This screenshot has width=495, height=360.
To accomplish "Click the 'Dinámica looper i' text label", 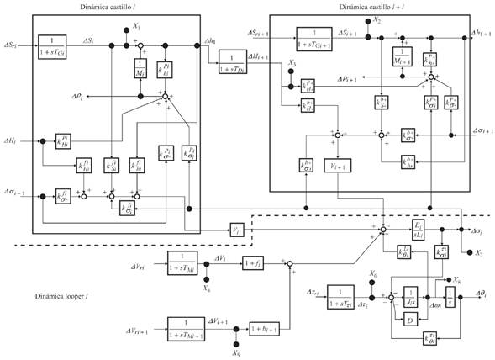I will tap(64, 296).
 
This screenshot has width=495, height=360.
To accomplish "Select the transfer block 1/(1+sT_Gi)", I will tap(52, 45).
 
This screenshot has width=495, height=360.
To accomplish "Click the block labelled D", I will tap(409, 320).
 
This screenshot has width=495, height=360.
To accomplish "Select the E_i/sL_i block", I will tap(417, 229).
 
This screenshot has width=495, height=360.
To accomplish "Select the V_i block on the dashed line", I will tap(236, 228).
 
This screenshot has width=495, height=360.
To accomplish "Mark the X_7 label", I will tap(477, 252).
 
